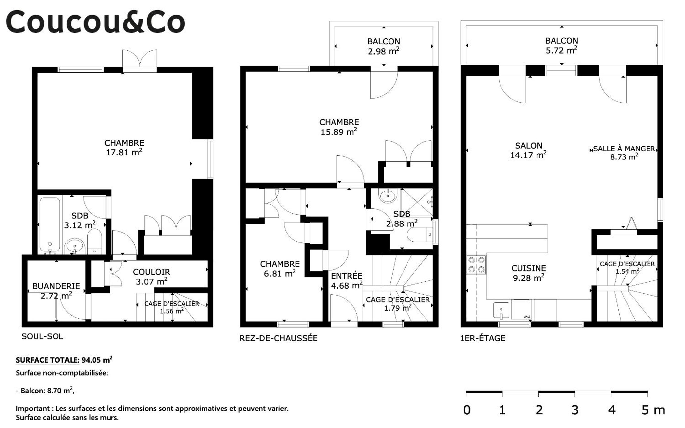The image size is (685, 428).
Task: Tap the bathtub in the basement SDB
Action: tap(50, 225)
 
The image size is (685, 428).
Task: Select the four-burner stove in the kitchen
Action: tap(476, 265)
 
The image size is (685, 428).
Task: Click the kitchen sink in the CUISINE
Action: tap(501, 310)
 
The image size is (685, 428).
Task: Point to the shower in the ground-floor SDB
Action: tap(417, 203)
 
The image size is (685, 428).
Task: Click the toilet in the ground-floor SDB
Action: tap(420, 234)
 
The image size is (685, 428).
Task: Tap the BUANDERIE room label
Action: tap(56, 286)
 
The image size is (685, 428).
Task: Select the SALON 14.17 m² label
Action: tap(528, 150)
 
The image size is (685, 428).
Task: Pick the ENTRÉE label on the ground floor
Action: tap(347, 276)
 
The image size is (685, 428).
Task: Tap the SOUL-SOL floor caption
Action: tap(42, 336)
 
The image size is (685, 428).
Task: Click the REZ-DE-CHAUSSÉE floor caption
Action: tap(278, 338)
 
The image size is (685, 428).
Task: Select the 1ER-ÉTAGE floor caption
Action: tap(483, 338)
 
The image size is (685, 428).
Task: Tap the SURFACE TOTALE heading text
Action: tap(47, 360)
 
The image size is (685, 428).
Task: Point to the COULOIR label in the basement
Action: tap(151, 272)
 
